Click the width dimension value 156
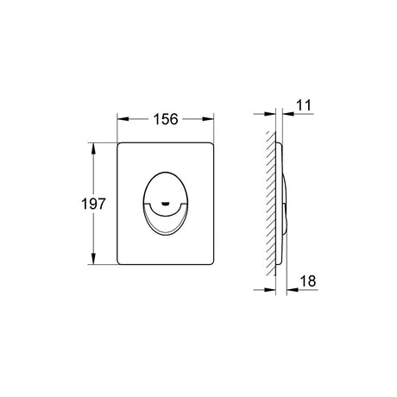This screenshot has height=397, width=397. click(166, 119)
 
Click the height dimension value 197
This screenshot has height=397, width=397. click(93, 204)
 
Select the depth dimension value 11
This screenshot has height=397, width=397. click(304, 105)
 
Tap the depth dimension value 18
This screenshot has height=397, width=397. click(308, 280)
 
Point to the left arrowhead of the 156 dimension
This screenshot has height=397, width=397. click(123, 119)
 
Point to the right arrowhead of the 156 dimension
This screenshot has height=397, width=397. click(208, 119)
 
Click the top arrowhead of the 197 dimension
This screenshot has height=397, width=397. click(93, 148)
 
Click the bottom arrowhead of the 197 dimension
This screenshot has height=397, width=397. click(93, 258)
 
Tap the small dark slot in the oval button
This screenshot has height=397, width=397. click(165, 205)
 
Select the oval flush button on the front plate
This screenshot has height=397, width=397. click(166, 204)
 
